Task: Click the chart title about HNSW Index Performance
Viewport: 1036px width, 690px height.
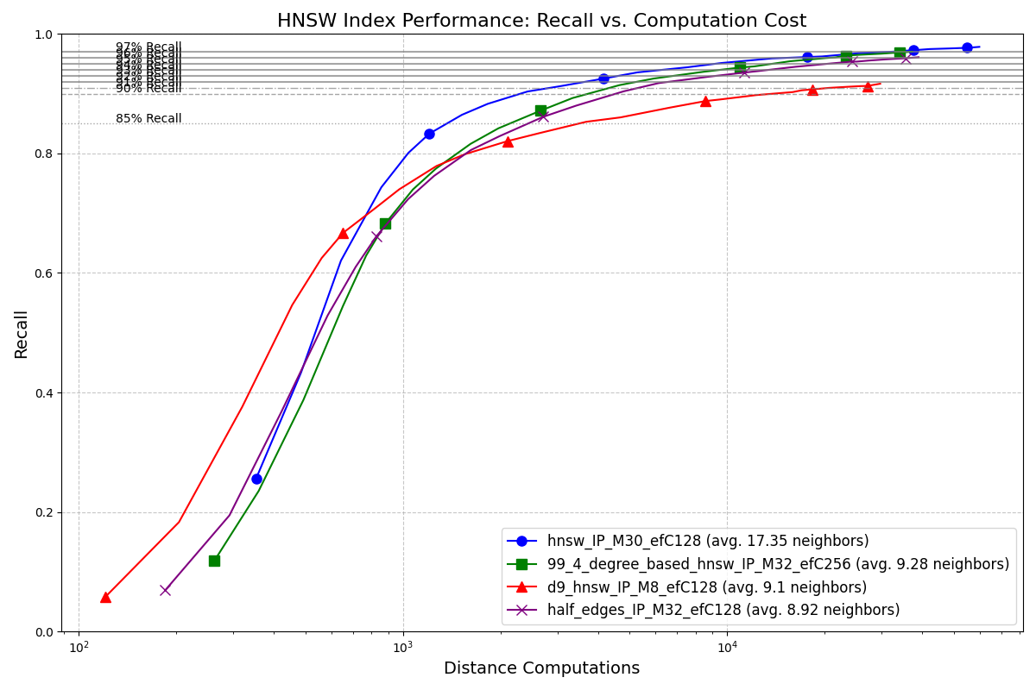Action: (541, 21)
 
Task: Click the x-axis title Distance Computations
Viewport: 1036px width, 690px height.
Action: (541, 668)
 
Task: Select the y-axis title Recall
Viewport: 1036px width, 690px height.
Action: (21, 334)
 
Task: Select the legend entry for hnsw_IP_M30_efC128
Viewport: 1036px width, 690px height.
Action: (708, 542)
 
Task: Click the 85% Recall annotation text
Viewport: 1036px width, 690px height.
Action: (148, 119)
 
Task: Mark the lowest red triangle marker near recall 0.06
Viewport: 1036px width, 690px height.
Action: (105, 597)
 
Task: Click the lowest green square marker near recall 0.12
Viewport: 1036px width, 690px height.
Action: (214, 561)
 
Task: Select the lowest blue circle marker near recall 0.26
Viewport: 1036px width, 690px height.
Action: (256, 479)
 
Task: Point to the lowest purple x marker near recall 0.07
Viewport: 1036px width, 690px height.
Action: (165, 590)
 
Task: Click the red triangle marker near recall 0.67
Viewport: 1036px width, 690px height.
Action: (343, 233)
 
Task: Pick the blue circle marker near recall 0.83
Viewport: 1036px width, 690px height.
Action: (429, 134)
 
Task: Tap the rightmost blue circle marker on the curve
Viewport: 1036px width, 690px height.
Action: (967, 48)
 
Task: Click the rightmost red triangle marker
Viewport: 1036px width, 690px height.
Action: (868, 86)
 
